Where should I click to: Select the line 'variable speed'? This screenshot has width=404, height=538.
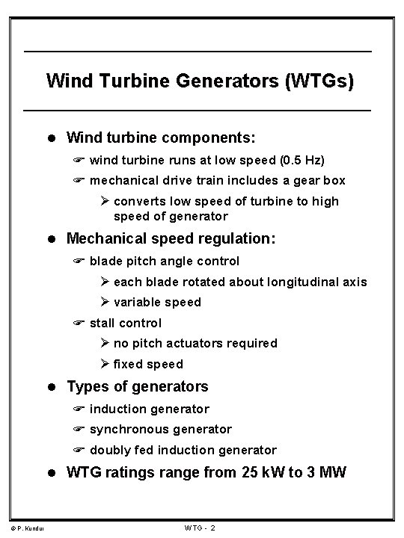point(157,302)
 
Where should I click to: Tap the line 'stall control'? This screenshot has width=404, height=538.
point(125,323)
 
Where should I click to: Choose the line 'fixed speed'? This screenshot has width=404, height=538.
point(148,364)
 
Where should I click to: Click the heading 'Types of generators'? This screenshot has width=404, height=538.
point(138,386)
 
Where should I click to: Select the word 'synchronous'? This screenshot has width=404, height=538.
point(131,429)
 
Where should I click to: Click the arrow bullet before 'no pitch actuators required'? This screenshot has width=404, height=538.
point(105,343)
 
